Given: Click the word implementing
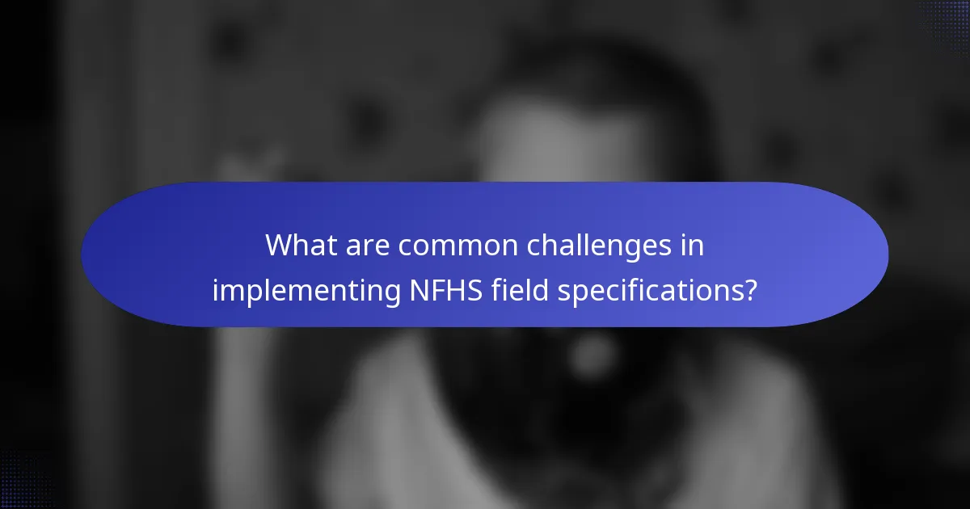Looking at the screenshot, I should [306, 291].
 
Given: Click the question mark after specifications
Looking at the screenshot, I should [751, 291].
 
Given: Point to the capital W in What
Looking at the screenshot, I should [280, 246].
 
